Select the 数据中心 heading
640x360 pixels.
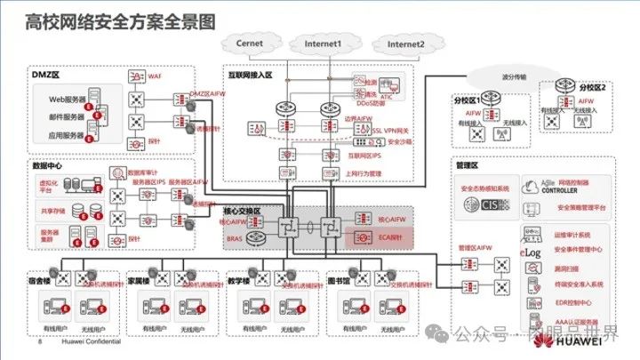tap(48, 165)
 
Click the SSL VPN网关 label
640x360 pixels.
tap(392, 130)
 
